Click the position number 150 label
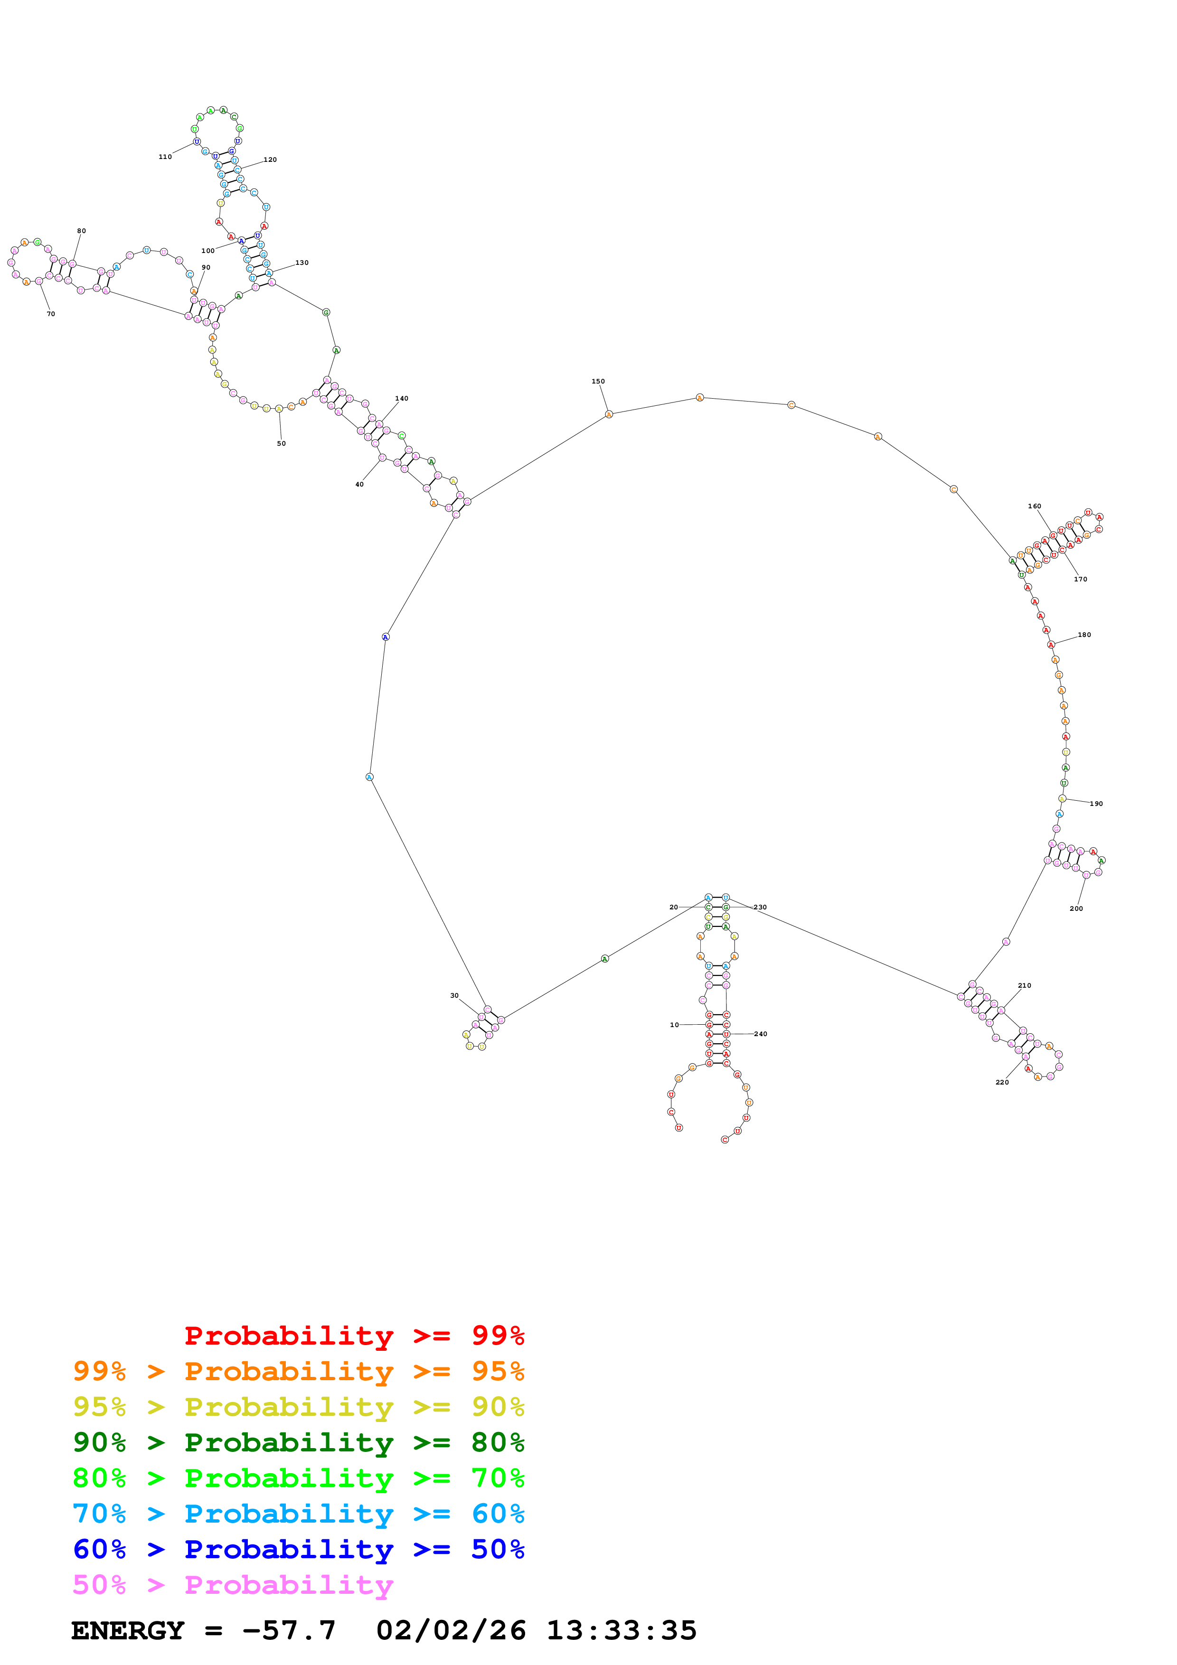click(x=598, y=382)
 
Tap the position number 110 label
click(x=165, y=157)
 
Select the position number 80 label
click(x=81, y=231)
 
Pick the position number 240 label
click(x=760, y=1034)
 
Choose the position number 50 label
click(x=282, y=444)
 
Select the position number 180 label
click(x=1083, y=635)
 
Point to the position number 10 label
click(x=674, y=1025)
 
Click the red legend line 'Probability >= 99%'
click(x=354, y=1335)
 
